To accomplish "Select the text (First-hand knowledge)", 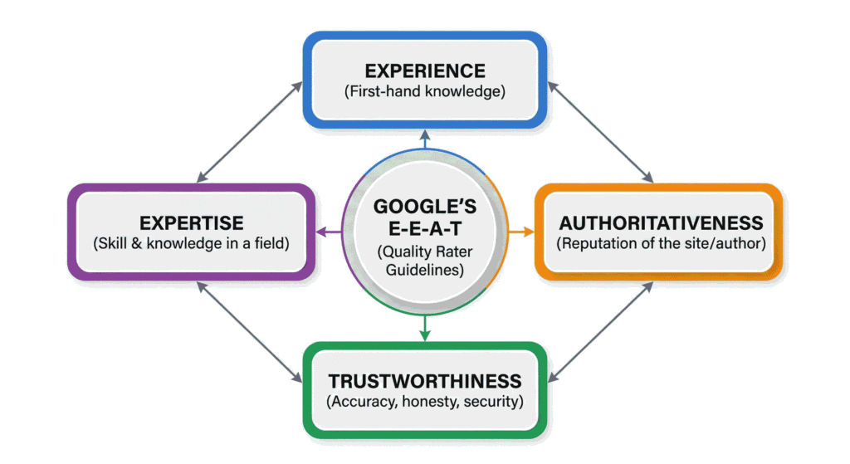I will pyautogui.click(x=424, y=91).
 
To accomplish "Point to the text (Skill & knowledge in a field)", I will pyautogui.click(x=192, y=244).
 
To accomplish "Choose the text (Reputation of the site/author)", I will pyautogui.click(x=661, y=244).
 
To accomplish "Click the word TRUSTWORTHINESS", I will pyautogui.click(x=424, y=381).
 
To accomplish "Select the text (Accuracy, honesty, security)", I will pyautogui.click(x=424, y=403).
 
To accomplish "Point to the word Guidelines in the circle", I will pyautogui.click(x=424, y=271).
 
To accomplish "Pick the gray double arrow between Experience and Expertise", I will pyautogui.click(x=250, y=131).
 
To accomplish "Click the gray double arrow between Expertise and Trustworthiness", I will pyautogui.click(x=250, y=333).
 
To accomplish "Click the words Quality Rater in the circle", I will pyautogui.click(x=424, y=252).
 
